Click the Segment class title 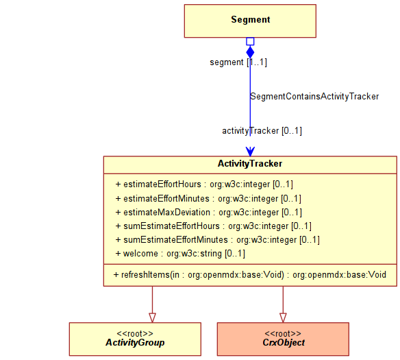pos(250,20)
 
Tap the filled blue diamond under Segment pos(250,52)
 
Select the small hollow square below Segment pos(250,42)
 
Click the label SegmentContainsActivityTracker pos(314,97)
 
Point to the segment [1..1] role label pos(238,62)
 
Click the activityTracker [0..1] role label pos(262,131)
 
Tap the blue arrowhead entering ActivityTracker pos(250,151)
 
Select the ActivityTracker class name pos(250,163)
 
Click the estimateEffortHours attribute pos(204,184)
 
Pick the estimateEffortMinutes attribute pos(208,199)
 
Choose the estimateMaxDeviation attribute pos(209,213)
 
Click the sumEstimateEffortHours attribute pos(213,226)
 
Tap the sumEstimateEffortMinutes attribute pos(217,240)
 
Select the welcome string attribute pos(180,254)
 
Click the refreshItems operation pos(250,275)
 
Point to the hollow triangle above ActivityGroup pos(152,317)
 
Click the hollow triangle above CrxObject pos(283,317)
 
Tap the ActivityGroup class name pos(135,343)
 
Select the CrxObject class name pos(284,343)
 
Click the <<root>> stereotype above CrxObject pos(283,334)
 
